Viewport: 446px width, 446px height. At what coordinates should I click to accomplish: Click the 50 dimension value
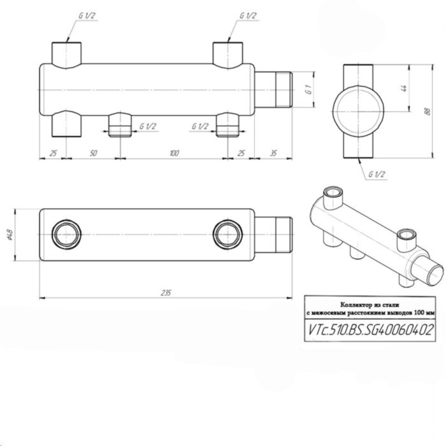click(94, 154)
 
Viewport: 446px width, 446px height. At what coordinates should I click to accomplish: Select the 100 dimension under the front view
click(173, 154)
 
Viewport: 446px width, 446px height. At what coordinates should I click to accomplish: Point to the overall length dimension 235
click(166, 292)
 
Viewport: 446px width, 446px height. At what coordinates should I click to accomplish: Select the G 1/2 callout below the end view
click(376, 176)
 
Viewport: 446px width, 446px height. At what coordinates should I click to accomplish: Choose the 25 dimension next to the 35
click(242, 154)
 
